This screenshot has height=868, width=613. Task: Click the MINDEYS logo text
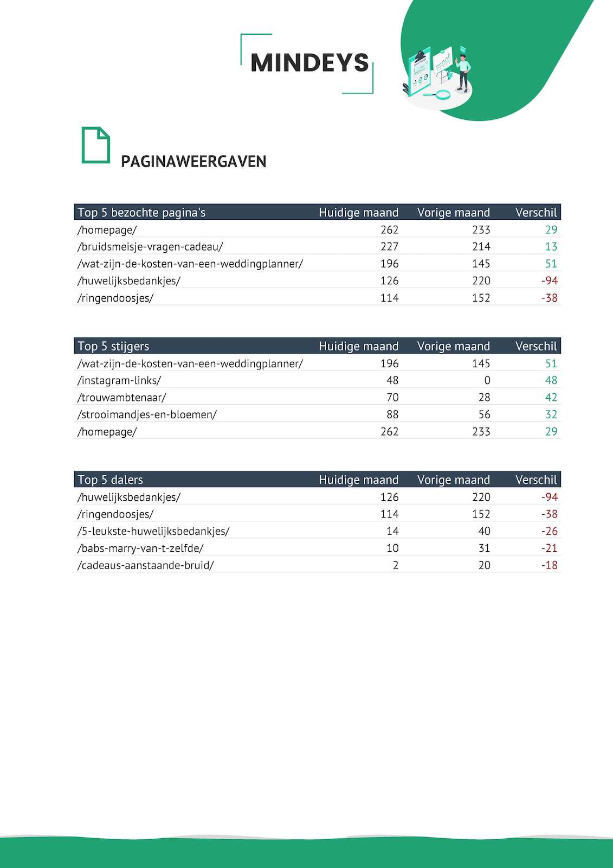coord(309,63)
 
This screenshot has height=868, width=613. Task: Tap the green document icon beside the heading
coord(95,145)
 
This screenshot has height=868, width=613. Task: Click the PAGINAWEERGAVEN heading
coord(193,162)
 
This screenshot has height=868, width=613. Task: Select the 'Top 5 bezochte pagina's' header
coord(141,213)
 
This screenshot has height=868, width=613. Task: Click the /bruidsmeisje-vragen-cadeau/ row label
coord(150,247)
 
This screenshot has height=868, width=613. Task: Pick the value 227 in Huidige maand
coord(389,247)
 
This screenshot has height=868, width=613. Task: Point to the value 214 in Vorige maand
coord(481,247)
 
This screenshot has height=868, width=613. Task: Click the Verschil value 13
coord(551,247)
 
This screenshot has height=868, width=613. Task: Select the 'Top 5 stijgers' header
coord(113,346)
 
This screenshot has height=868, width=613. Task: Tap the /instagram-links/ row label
coord(119,380)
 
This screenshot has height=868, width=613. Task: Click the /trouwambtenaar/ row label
coord(122,398)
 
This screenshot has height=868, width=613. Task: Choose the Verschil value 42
coord(551,398)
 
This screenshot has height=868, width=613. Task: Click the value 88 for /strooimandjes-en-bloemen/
coord(392,414)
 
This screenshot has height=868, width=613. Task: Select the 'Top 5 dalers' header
coord(111,480)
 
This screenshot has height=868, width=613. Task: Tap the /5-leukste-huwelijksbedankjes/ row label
coord(153,531)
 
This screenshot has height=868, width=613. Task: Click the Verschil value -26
coord(549,531)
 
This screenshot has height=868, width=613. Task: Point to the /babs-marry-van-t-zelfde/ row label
coord(140,548)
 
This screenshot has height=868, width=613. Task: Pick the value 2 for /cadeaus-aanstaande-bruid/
coord(396,565)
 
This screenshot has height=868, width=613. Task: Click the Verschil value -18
coord(549,565)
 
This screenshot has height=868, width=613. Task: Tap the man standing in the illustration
coord(463,72)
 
